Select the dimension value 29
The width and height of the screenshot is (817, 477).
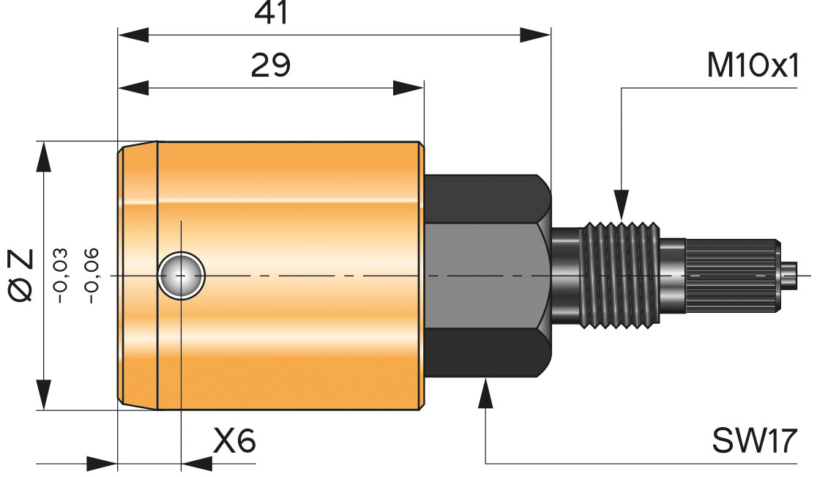click(x=271, y=67)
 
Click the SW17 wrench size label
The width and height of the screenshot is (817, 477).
click(x=754, y=442)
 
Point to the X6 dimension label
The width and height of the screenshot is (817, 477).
click(x=234, y=442)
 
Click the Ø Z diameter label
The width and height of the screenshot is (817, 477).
click(x=21, y=275)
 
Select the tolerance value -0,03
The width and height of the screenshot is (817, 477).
click(x=61, y=275)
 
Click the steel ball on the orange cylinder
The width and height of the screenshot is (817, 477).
click(x=182, y=276)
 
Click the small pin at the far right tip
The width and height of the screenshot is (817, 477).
click(x=791, y=275)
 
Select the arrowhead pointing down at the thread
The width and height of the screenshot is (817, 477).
click(x=621, y=204)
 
